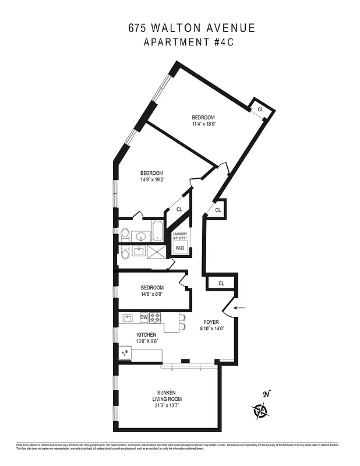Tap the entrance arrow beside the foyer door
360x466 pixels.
[x=239, y=308]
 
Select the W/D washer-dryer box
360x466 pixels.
[x=179, y=249]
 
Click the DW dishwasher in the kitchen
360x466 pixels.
[x=144, y=317]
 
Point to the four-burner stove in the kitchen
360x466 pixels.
[x=156, y=317]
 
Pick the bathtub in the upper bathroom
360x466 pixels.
[x=158, y=231]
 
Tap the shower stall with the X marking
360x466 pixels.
[x=157, y=251]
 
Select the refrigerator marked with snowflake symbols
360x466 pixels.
[x=125, y=353]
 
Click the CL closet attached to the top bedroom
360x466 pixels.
[x=260, y=110]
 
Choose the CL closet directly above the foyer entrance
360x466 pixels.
[x=221, y=283]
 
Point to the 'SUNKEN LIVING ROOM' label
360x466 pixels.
[x=168, y=396]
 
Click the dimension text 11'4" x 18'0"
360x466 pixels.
[x=204, y=123]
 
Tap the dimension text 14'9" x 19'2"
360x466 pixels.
[x=151, y=179]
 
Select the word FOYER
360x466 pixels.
[x=210, y=322]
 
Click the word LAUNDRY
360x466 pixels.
[x=179, y=234]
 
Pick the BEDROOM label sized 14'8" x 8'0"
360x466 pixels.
[x=152, y=288]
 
